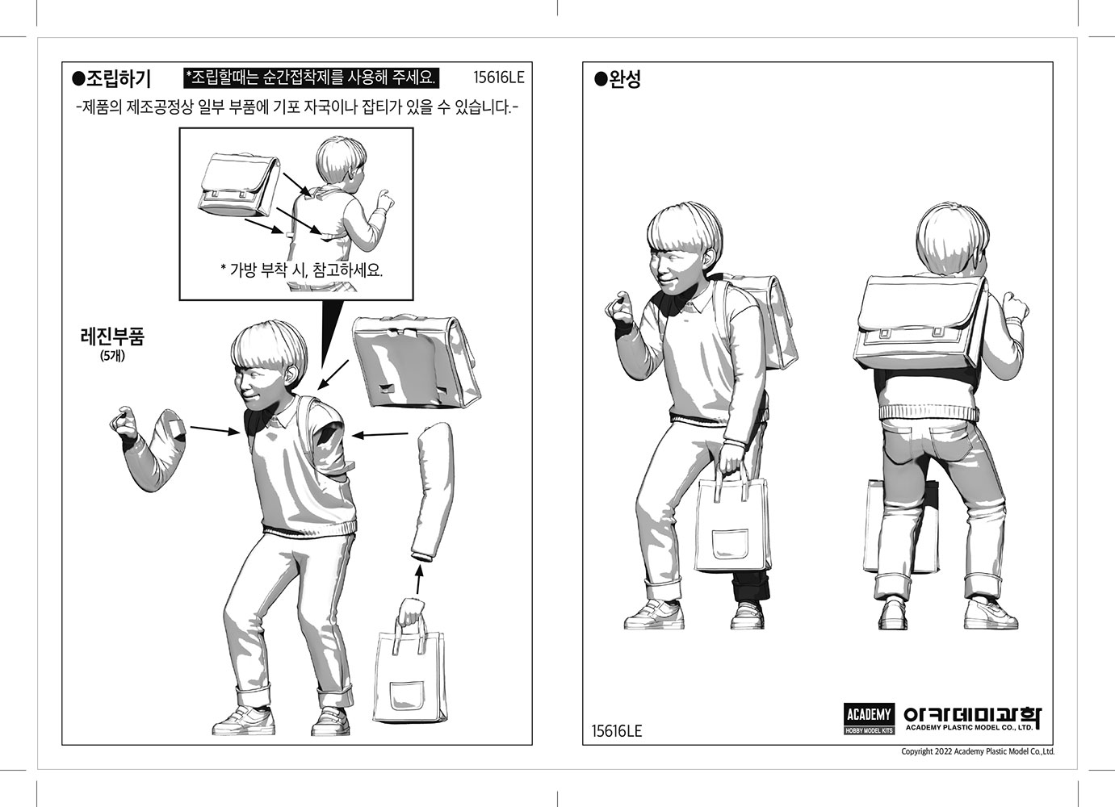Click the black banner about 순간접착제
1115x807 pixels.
[x=311, y=77]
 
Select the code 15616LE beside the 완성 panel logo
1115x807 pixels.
[x=617, y=731]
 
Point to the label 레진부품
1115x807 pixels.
[x=112, y=337]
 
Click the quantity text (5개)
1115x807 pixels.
[x=112, y=356]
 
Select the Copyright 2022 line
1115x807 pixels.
[x=978, y=751]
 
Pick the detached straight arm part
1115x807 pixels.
[x=433, y=492]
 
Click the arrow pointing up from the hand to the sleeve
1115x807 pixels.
[x=418, y=581]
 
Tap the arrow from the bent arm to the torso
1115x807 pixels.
[x=215, y=430]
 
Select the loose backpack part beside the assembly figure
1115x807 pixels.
[x=416, y=362]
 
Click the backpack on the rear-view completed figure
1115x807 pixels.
[x=921, y=321]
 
